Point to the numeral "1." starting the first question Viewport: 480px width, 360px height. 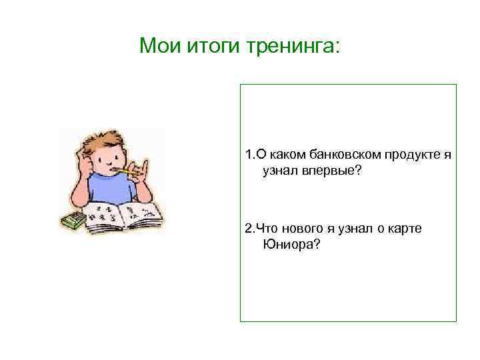pos(249,155)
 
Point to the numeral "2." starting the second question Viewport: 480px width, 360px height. pos(249,229)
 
